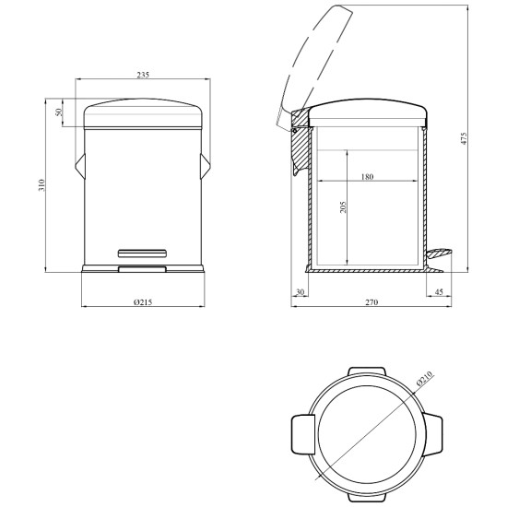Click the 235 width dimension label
[143, 75]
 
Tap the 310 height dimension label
[41, 185]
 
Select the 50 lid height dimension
[58, 112]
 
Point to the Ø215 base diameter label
[143, 302]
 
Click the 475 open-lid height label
[464, 138]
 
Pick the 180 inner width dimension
[367, 177]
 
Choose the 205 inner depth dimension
[343, 207]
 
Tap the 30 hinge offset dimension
[301, 292]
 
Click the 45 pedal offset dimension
[439, 292]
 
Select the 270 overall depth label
[371, 302]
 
